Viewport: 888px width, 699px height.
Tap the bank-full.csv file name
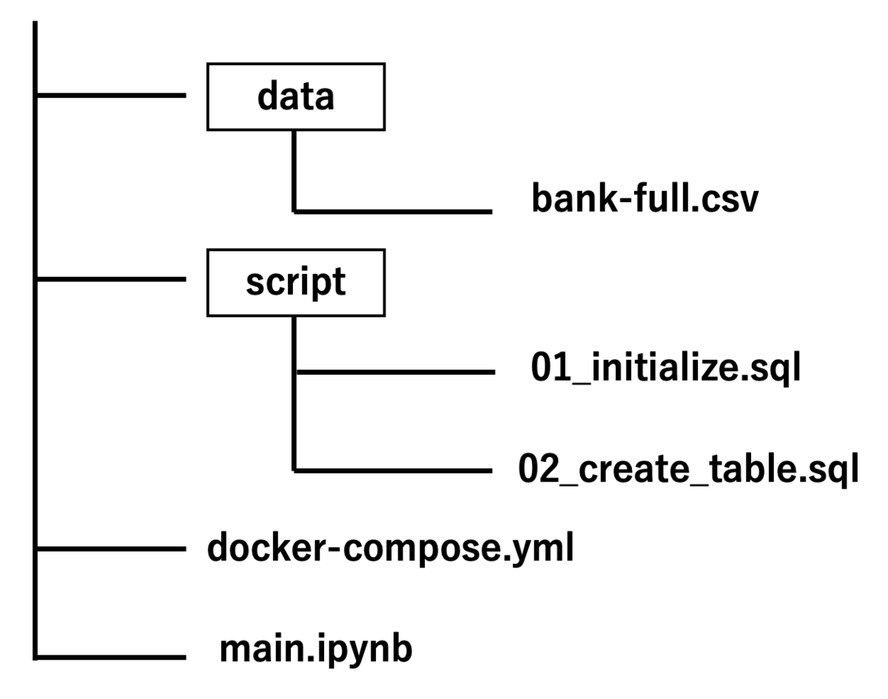coord(645,198)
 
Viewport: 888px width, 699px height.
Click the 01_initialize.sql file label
coord(665,367)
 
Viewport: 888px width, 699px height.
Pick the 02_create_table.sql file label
coord(688,469)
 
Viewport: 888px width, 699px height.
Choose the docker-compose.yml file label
coord(391,548)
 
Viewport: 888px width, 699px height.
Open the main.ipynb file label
coord(316,649)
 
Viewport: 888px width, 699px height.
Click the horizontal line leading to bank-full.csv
coord(394,212)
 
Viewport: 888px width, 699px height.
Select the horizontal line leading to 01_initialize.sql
coord(396,372)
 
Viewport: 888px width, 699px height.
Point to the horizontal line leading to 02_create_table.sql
coord(394,471)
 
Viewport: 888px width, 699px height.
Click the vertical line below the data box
coord(294,172)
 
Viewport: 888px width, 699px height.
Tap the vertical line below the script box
coord(294,394)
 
